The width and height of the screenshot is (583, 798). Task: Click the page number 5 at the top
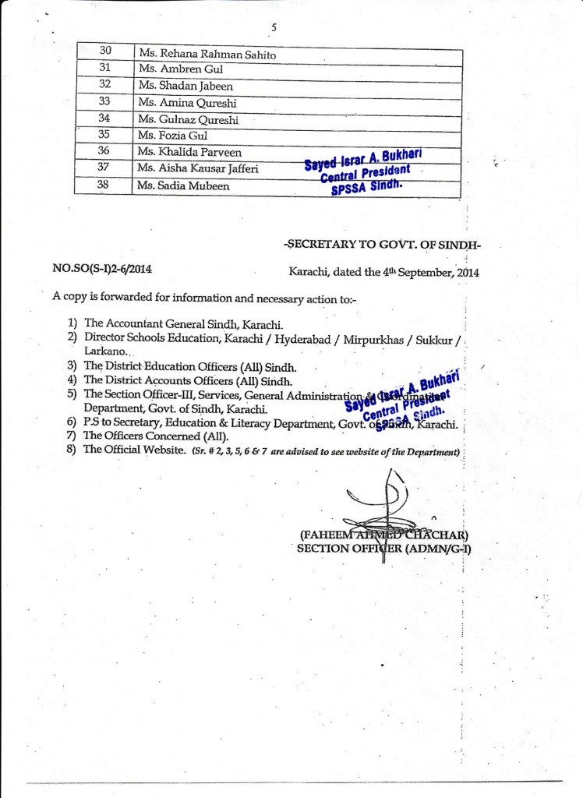pyautogui.click(x=274, y=28)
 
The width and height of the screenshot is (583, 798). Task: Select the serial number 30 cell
pyautogui.click(x=106, y=51)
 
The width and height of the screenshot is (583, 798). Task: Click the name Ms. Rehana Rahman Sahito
pyautogui.click(x=207, y=55)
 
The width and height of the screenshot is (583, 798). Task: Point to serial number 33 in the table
pyautogui.click(x=105, y=101)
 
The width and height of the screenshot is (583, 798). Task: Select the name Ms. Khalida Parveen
pyautogui.click(x=189, y=151)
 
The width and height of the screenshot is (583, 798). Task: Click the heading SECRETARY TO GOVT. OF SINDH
pyautogui.click(x=383, y=244)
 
